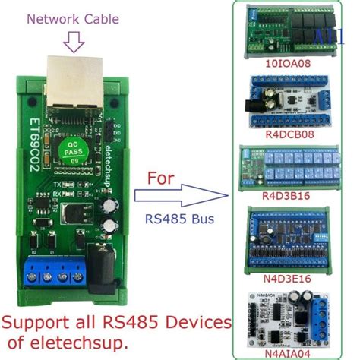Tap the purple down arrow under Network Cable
click(74, 43)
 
